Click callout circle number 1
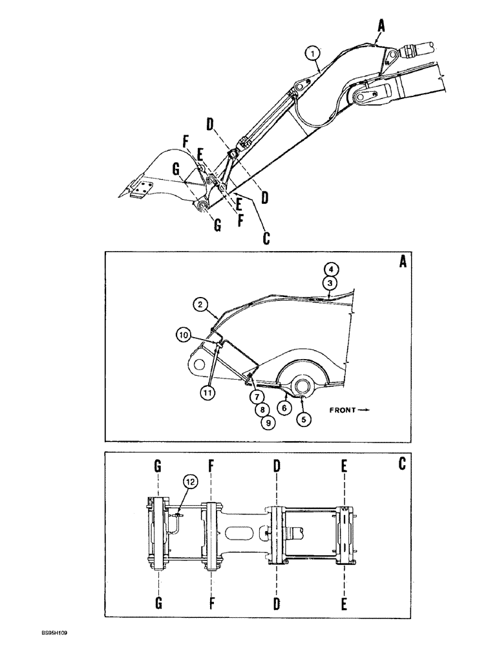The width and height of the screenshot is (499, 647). click(x=312, y=52)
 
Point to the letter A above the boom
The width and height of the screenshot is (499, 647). click(x=381, y=25)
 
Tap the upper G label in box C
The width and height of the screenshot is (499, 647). click(x=158, y=465)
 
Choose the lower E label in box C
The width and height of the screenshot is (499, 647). click(x=345, y=604)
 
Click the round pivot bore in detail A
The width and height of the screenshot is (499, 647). click(x=303, y=388)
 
